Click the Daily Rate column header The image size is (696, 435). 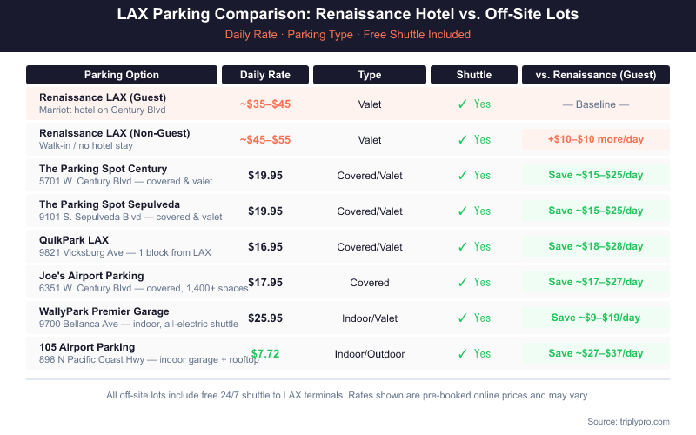tap(264, 75)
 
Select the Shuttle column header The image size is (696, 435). tap(474, 75)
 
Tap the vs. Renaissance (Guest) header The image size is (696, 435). tap(596, 75)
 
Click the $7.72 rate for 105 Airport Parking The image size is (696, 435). tap(268, 353)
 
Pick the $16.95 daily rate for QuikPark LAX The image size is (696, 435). tap(265, 247)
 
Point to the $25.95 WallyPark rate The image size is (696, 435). tap(265, 318)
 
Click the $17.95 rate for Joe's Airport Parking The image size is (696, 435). tap(265, 283)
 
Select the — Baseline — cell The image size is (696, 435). tap(596, 104)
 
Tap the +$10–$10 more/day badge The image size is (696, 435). tap(596, 139)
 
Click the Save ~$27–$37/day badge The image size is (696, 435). tap(596, 353)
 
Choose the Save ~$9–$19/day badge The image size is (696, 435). tap(596, 318)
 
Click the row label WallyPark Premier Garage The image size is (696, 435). tap(104, 311)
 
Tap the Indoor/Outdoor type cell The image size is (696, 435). tap(370, 354)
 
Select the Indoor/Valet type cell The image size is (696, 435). tap(370, 318)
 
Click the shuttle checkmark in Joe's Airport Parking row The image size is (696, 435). tap(464, 283)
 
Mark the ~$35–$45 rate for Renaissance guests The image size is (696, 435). tap(265, 104)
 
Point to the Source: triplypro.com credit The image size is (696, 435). tap(628, 421)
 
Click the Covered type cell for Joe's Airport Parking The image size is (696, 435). tap(370, 283)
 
